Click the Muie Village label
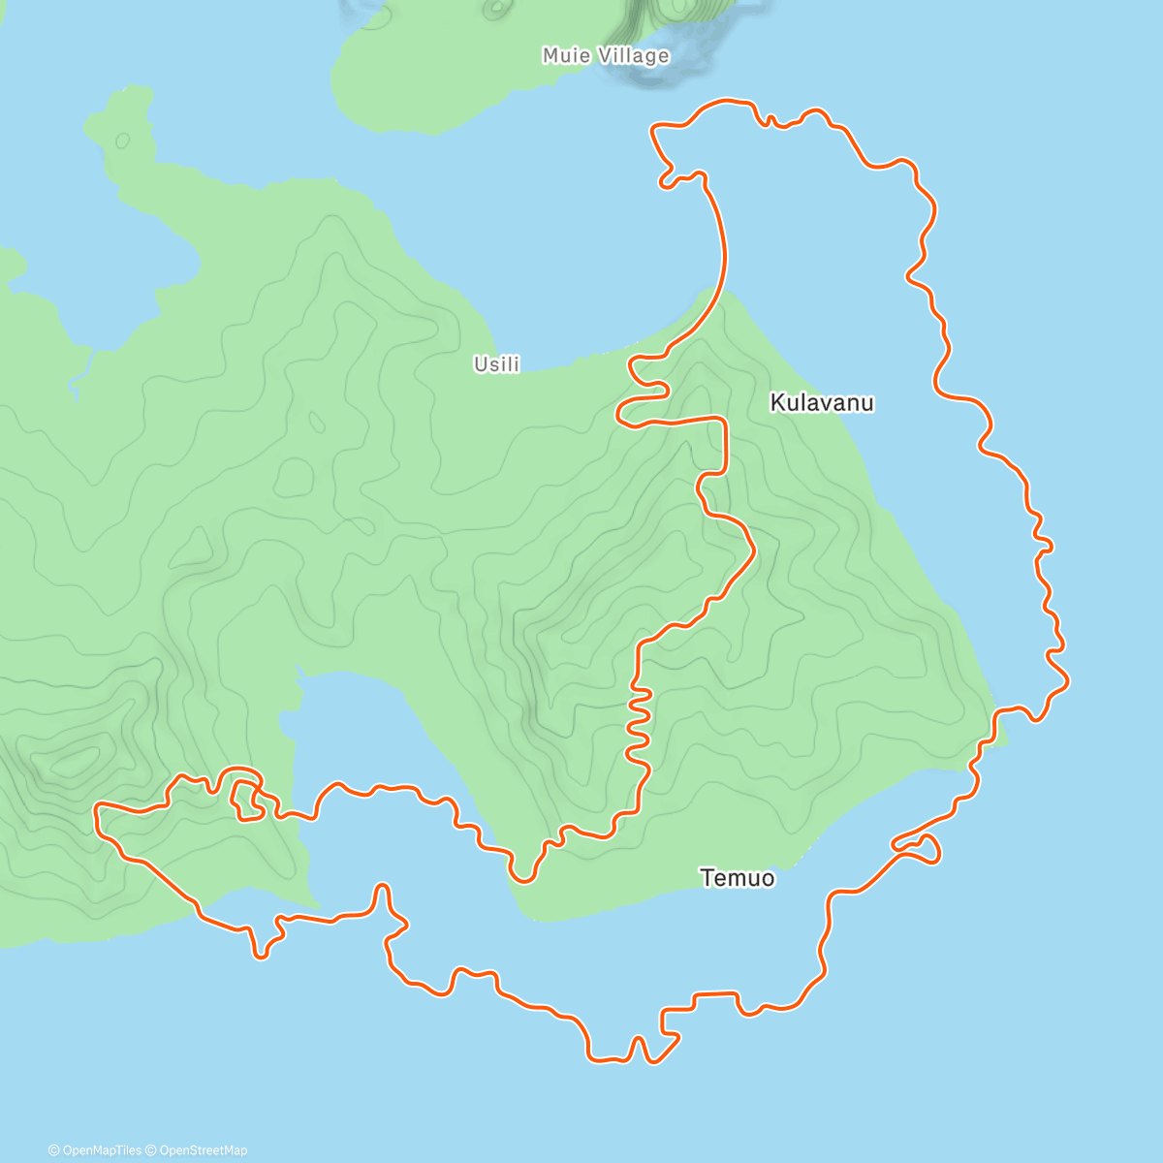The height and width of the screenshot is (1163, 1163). (606, 56)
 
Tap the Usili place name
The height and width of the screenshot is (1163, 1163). (496, 364)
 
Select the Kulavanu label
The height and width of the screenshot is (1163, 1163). (822, 402)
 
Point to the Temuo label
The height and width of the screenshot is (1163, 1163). (737, 878)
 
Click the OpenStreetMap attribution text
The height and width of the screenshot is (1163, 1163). (203, 1150)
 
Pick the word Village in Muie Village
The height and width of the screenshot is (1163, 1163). (633, 56)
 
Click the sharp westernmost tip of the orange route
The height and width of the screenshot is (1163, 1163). (96, 807)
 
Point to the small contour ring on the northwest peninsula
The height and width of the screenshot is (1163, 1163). (122, 141)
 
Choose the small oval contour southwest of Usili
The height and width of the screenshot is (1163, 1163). (315, 423)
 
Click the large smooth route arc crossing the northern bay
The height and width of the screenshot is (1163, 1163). (719, 252)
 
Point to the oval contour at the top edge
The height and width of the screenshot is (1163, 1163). (497, 9)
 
